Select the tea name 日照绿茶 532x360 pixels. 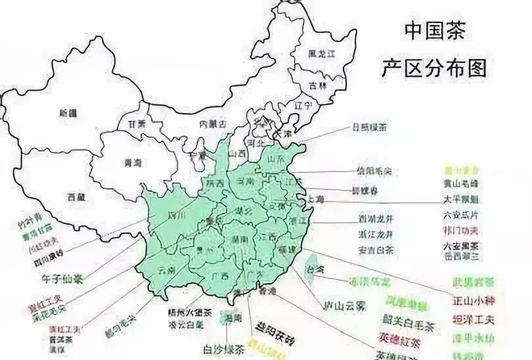[369, 127]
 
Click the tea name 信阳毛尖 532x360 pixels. [374, 171]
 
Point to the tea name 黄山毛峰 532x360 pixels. [468, 184]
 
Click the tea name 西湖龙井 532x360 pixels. [376, 219]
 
